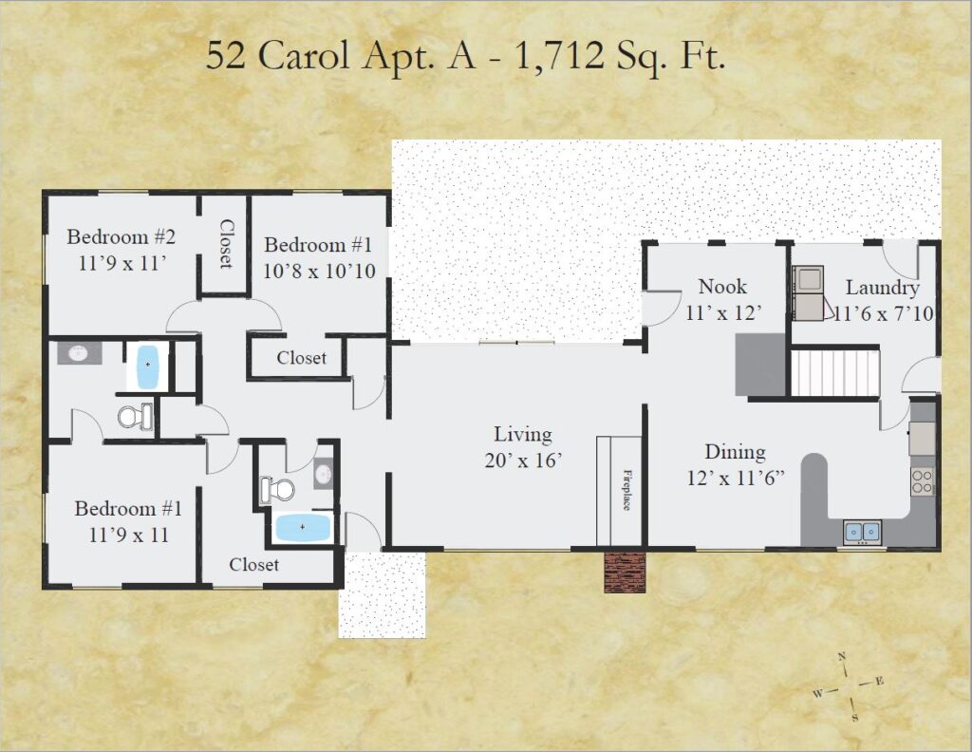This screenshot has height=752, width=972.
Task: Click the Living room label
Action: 523,435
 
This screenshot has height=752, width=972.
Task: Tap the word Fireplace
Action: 626,489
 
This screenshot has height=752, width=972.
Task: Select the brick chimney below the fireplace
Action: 625,572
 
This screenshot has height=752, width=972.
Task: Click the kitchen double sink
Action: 862,532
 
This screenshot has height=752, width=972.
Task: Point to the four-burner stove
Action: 922,481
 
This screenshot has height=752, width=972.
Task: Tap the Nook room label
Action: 722,287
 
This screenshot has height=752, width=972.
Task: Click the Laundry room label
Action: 882,288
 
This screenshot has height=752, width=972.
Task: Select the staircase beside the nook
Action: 835,372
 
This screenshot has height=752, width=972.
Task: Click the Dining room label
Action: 736,452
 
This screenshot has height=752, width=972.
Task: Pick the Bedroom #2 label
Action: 121,236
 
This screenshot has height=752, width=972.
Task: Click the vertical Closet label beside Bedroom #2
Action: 226,244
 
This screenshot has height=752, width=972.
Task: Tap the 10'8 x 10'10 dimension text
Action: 319,272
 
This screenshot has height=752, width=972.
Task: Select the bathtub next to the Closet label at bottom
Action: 302,527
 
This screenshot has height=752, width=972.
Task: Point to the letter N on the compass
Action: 841,657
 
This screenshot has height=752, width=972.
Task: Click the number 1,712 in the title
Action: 558,56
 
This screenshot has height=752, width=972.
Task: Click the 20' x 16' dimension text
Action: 523,461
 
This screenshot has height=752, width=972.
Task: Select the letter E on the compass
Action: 878,682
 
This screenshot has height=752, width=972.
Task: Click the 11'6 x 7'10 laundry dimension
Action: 884,313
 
